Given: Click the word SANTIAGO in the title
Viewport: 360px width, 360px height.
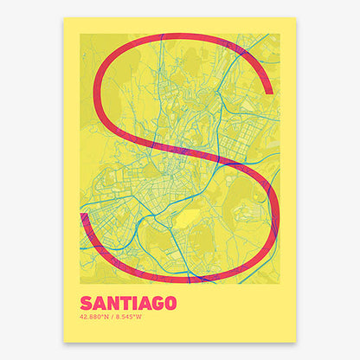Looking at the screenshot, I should coord(127,304).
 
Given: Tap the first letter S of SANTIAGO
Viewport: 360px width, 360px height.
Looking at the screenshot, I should coord(85,304).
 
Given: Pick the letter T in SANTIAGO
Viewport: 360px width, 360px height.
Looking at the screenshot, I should coord(120,304).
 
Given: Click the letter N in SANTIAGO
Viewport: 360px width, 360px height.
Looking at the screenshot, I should coord(109,304).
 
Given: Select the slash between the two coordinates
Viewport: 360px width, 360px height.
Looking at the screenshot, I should coord(113,318).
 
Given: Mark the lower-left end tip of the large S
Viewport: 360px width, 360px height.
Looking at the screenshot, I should coord(83,215).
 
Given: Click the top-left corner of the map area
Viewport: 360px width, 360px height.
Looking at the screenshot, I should coord(80,34).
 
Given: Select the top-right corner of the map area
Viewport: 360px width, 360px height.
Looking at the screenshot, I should coord(280,34).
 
